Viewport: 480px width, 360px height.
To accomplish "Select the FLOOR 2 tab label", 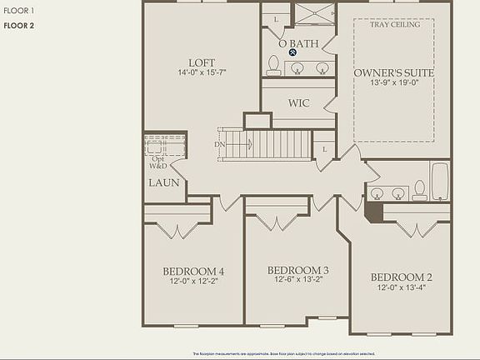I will (18, 26).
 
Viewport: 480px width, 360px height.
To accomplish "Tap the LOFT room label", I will (202, 62).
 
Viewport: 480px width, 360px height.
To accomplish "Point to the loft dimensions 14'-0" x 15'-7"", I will (202, 73).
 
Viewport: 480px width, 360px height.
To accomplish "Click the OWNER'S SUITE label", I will (393, 73).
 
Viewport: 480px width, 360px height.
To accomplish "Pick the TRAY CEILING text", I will (394, 25).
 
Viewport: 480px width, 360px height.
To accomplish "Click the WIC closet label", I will (299, 104).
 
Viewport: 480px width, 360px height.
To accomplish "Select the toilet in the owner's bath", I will (273, 66).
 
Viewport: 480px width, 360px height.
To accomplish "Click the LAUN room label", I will (163, 182).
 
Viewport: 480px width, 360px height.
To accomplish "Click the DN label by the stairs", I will (220, 145).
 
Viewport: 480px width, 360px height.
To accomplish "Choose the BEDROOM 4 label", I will (193, 272).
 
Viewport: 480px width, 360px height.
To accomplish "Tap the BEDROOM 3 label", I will (297, 270).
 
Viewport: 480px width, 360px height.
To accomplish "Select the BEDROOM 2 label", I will (401, 277).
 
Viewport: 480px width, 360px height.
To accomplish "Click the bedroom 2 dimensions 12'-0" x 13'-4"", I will (401, 288).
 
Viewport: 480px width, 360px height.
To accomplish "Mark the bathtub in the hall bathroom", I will (439, 182).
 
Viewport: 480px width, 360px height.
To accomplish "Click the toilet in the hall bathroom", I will (420, 191).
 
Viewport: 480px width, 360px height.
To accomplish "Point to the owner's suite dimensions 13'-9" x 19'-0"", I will (393, 83).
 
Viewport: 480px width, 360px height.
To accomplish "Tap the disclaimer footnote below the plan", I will (283, 353).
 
